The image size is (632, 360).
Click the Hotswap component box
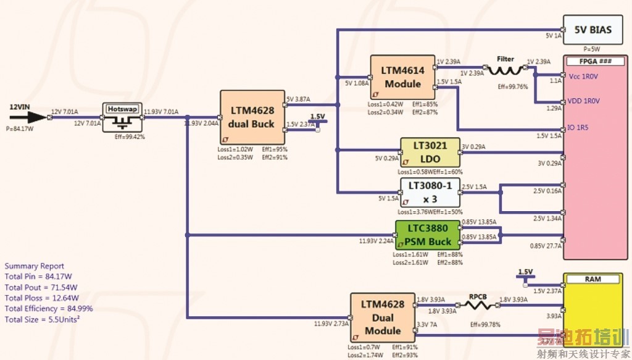point(122,117)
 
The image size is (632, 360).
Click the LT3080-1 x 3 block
point(430,193)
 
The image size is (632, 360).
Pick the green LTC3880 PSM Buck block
point(428,235)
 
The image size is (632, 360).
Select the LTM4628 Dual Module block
point(383,317)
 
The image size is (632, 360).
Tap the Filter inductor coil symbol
point(505,70)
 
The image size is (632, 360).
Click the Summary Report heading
point(34,267)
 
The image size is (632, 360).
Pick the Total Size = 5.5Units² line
point(44,319)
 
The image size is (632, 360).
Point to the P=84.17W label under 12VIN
point(19,129)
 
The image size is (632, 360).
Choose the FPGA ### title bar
point(596,62)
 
